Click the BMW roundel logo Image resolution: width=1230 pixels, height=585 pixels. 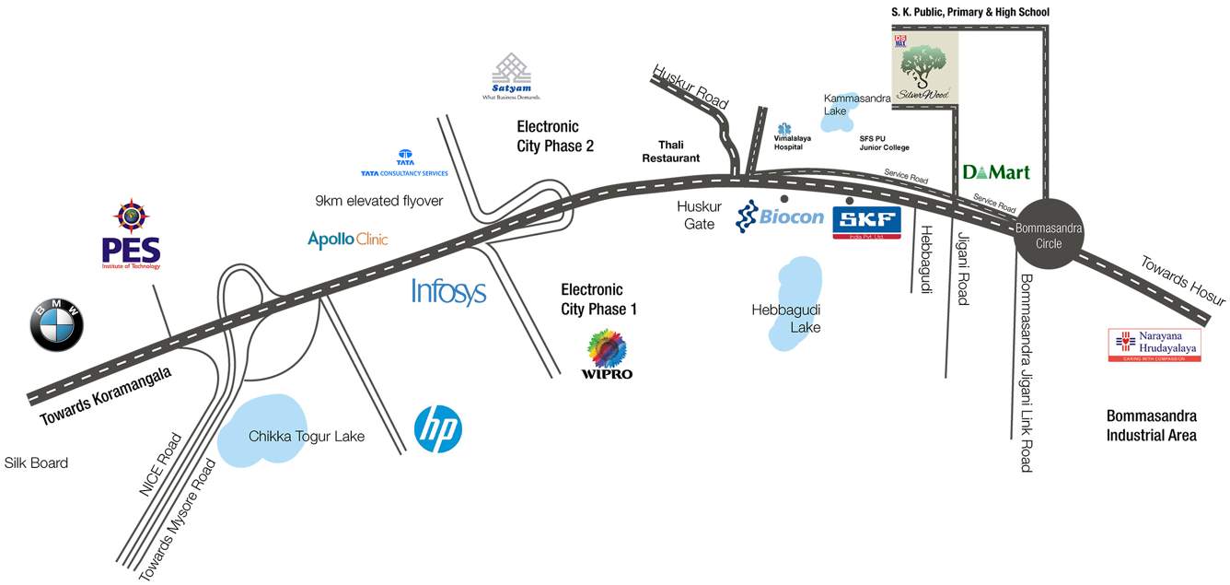click(x=56, y=325)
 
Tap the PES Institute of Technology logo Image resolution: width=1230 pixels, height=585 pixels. click(x=131, y=235)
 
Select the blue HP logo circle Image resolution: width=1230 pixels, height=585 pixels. click(x=437, y=429)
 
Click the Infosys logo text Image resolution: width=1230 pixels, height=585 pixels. click(x=448, y=292)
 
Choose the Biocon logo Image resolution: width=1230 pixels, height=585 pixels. click(x=780, y=217)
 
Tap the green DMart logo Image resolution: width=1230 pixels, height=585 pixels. click(x=995, y=172)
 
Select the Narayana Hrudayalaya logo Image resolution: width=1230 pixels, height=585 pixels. click(x=1155, y=345)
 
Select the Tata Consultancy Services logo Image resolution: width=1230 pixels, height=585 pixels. click(x=404, y=163)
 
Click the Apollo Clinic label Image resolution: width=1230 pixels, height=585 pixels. click(x=347, y=240)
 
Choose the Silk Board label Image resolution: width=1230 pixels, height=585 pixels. click(x=36, y=462)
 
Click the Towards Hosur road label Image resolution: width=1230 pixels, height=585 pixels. click(x=1183, y=280)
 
